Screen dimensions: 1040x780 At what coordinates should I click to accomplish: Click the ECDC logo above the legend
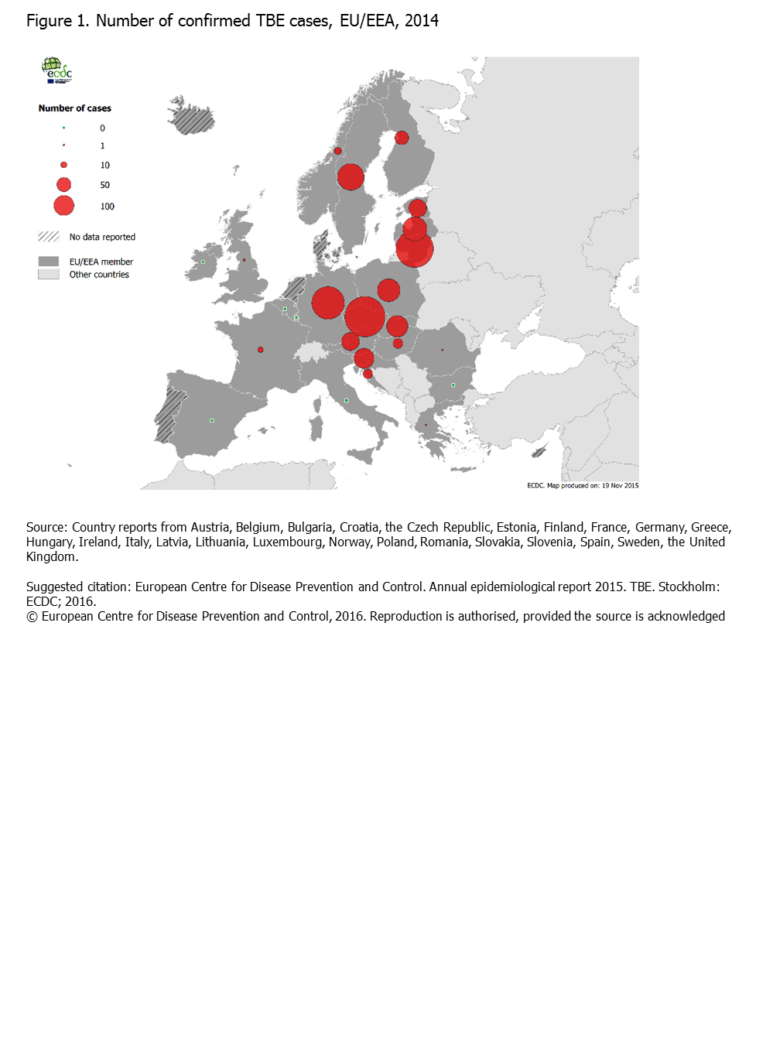[x=56, y=70]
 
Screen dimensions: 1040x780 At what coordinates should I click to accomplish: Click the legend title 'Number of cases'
[x=75, y=108]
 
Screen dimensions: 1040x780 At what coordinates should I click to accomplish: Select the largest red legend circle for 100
[x=63, y=206]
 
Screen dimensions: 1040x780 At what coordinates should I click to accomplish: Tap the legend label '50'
[x=104, y=185]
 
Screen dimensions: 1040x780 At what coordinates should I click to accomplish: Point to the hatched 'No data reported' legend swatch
[x=49, y=237]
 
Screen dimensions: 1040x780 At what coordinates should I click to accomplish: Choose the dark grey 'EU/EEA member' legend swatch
[x=49, y=262]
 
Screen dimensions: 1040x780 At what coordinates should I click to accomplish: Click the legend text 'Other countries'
[x=99, y=275]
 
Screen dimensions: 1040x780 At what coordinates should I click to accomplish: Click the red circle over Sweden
[x=351, y=177]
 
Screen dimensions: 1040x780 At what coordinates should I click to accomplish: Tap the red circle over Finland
[x=402, y=138]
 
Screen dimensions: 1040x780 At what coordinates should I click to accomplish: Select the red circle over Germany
[x=328, y=303]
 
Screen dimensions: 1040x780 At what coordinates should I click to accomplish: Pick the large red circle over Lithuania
[x=415, y=249]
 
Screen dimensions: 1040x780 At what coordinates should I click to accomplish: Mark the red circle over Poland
[x=388, y=290]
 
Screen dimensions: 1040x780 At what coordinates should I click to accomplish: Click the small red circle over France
[x=261, y=350]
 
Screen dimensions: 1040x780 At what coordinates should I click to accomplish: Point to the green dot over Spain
[x=212, y=420]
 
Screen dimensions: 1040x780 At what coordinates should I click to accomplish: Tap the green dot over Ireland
[x=204, y=262]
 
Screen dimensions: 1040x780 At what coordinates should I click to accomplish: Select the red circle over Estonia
[x=418, y=207]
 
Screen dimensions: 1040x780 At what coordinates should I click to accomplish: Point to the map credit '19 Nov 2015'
[x=620, y=486]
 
